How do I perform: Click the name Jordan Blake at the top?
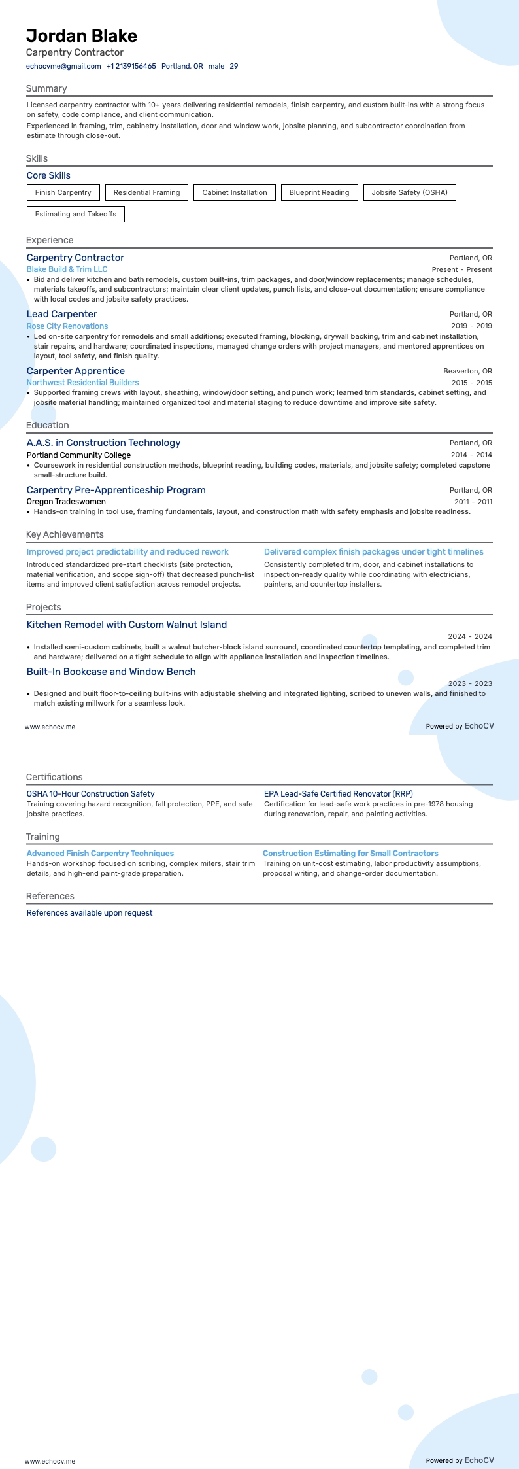point(82,36)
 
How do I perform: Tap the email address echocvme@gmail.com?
point(63,66)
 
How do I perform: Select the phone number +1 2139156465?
point(131,66)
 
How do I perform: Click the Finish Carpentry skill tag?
point(63,192)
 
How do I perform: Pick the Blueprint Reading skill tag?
point(319,192)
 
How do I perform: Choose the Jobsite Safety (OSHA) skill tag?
point(409,192)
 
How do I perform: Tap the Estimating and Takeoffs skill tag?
point(75,214)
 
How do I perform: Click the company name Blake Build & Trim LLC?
point(67,269)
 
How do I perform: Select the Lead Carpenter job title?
point(61,314)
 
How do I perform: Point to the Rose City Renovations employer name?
point(67,326)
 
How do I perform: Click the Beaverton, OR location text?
point(467,371)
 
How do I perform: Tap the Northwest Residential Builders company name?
point(82,383)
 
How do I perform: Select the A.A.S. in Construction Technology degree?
point(103,443)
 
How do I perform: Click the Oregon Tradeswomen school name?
point(66,502)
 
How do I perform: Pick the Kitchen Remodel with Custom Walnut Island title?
point(126,625)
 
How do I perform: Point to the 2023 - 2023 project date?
point(470,683)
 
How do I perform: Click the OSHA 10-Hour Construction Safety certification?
point(90,794)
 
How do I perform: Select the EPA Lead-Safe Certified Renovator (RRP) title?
point(338,794)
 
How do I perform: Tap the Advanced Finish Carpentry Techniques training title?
point(100,854)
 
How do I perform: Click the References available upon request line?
point(89,913)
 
